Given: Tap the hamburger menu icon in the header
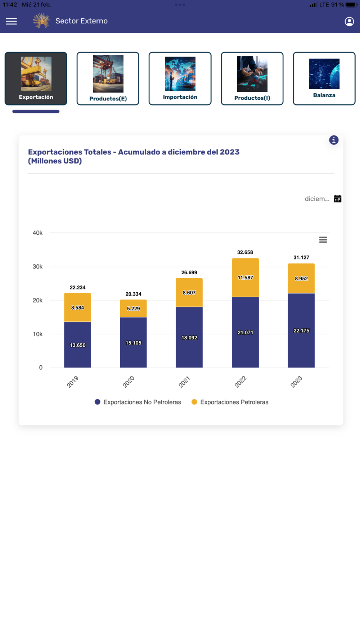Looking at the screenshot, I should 12,21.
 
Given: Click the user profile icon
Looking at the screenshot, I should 349,22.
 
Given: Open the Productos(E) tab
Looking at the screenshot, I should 108,78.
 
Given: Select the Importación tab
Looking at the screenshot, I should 180,78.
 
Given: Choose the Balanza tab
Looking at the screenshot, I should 324,78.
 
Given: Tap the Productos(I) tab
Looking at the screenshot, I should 252,78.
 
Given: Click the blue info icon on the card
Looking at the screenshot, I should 334,140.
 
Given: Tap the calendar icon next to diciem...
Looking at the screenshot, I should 337,199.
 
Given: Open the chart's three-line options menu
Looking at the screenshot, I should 323,240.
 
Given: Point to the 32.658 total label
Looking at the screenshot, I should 245,252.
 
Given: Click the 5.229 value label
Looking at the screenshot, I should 133,308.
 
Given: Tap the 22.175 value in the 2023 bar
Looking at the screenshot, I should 301,330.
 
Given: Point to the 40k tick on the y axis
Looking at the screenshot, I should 37,233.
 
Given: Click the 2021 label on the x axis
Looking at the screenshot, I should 184,382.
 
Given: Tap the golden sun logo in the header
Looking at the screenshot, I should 41,21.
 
